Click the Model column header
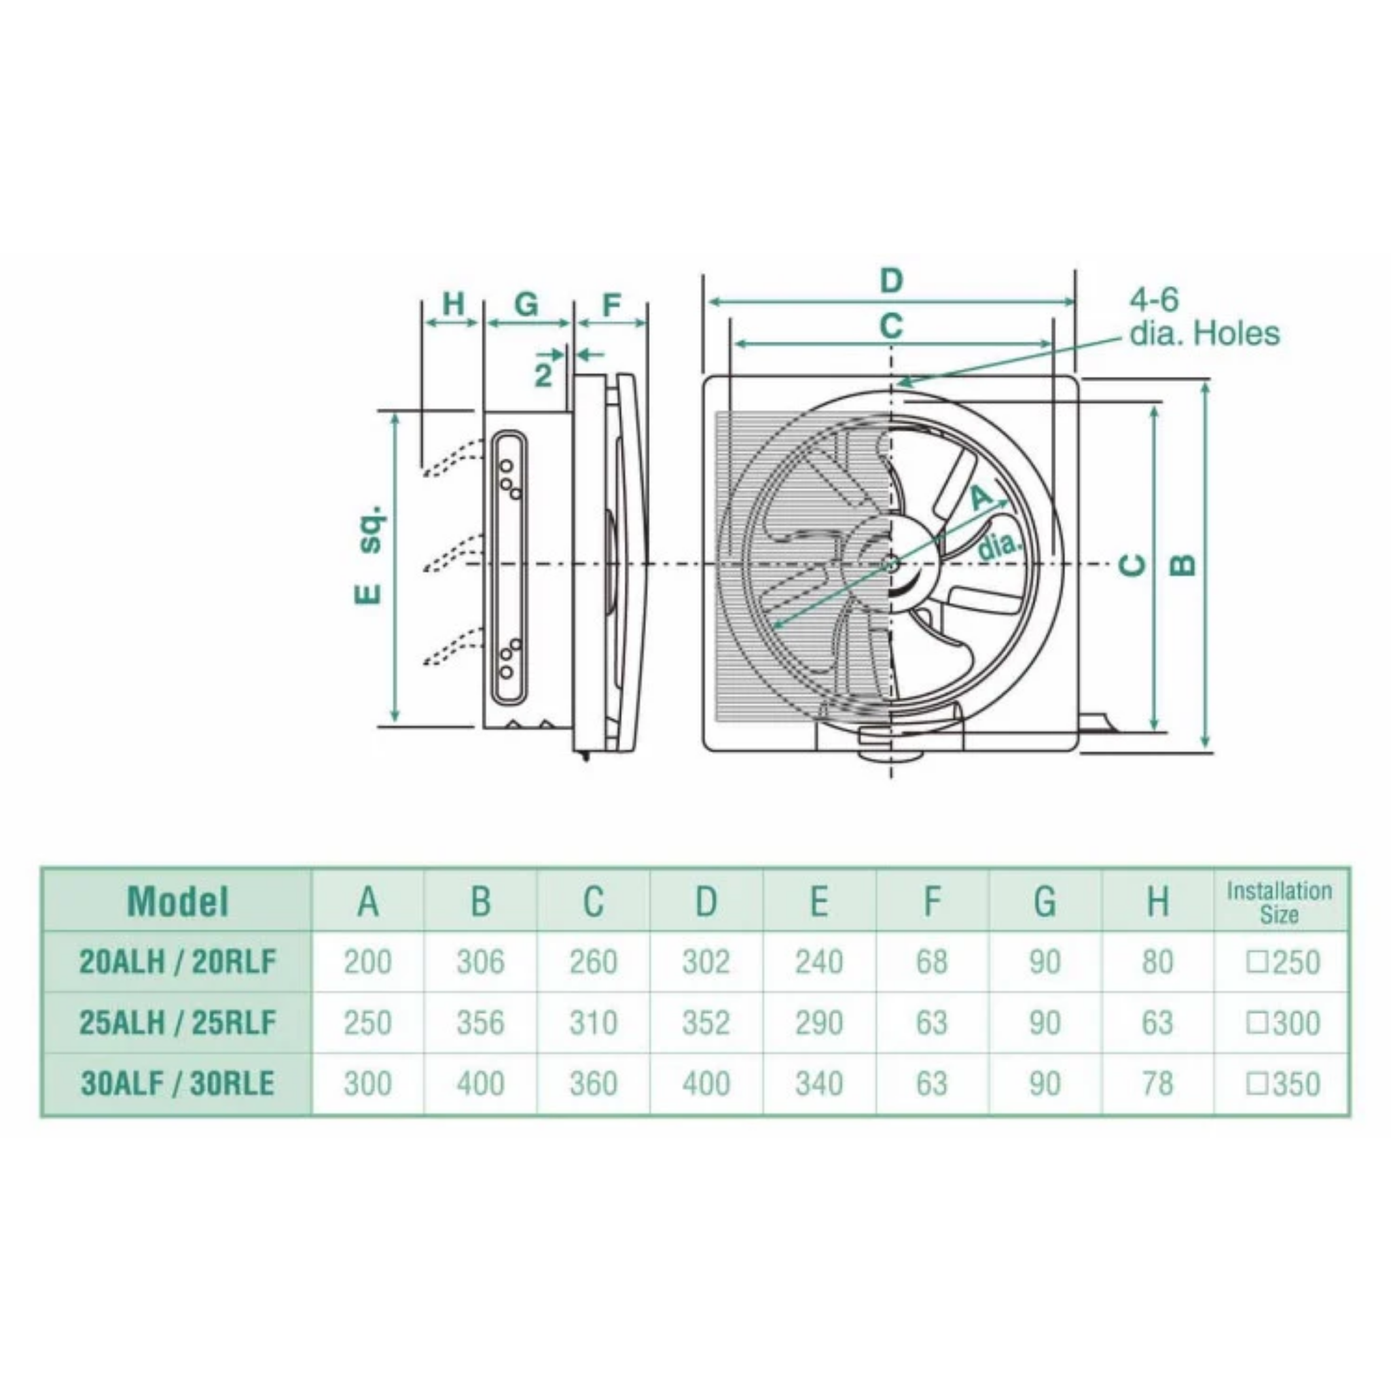coord(177,901)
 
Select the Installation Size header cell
coord(1279,902)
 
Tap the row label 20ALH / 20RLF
coord(177,962)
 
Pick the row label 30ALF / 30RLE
coord(177,1083)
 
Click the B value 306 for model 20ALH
coord(480,962)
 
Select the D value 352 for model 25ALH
coord(706,1023)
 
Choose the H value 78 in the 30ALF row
coord(1157,1083)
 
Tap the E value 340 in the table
coord(818,1083)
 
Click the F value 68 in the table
coord(931,962)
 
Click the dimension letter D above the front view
coord(891,280)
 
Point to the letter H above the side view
coord(453,304)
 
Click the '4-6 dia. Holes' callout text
coord(1204,317)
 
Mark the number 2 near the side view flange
coord(543,374)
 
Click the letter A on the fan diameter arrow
coord(981,496)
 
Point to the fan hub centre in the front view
coord(891,564)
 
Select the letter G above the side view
coord(527,304)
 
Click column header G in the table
coord(1044,901)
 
